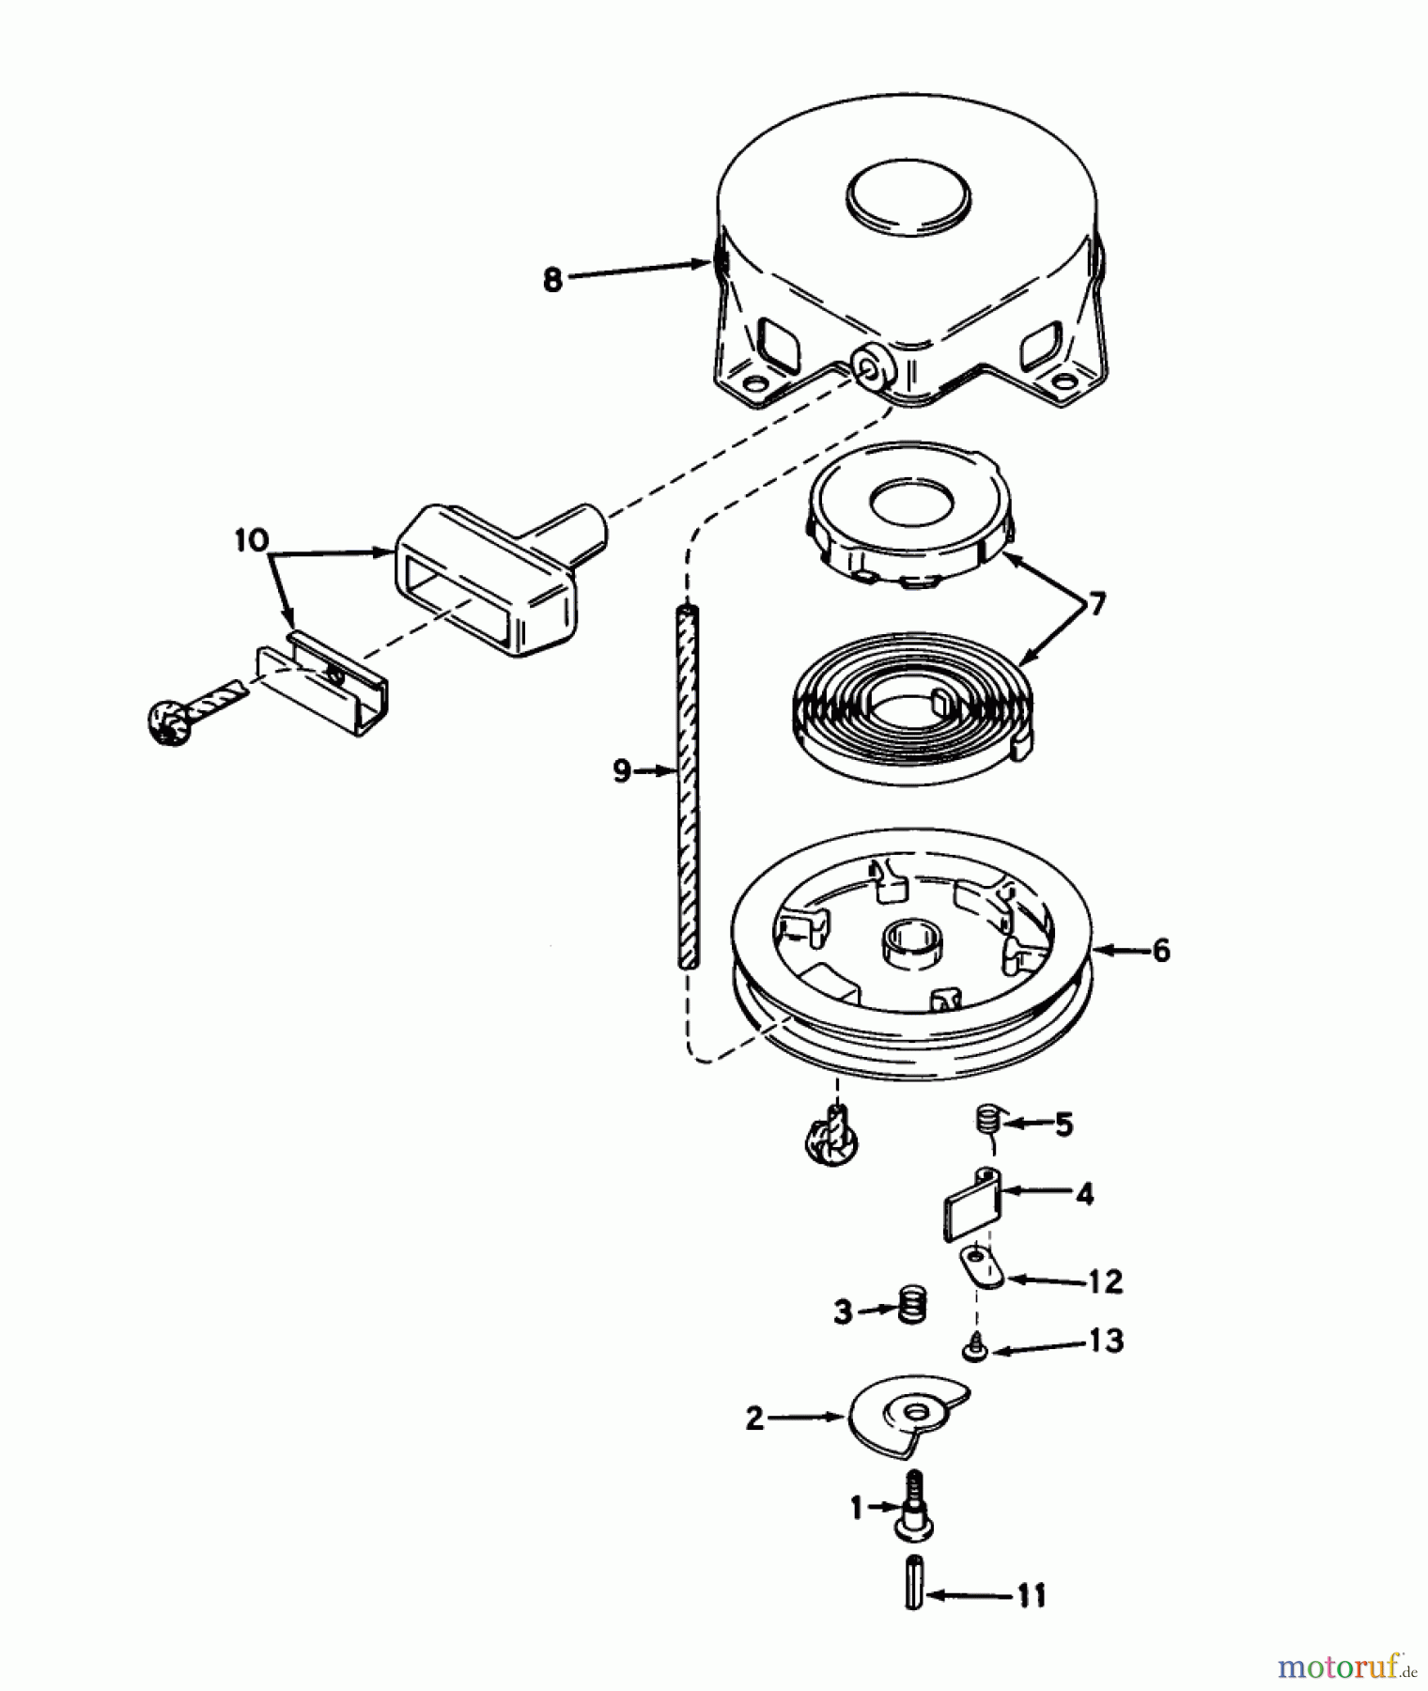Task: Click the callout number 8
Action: [552, 280]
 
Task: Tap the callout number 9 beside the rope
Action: [621, 772]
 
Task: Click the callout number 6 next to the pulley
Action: [1161, 951]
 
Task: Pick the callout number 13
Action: [1108, 1342]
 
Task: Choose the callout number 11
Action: [1032, 1596]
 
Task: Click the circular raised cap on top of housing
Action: [908, 199]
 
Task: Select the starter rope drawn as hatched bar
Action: [689, 789]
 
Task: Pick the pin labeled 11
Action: [915, 1584]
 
